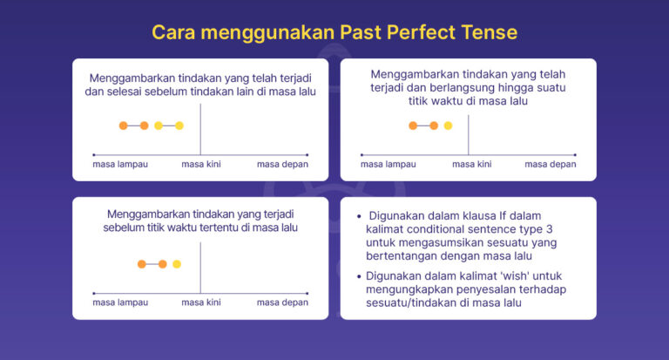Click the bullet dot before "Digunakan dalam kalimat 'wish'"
pyautogui.click(x=360, y=275)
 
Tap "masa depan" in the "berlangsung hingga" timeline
pyautogui.click(x=550, y=164)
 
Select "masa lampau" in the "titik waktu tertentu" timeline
pyautogui.click(x=119, y=302)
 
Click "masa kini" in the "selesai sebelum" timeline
pyautogui.click(x=200, y=164)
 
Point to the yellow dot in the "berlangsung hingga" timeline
pyautogui.click(x=448, y=126)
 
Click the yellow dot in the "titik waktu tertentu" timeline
pyautogui.click(x=177, y=263)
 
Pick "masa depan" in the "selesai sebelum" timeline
pyautogui.click(x=282, y=164)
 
